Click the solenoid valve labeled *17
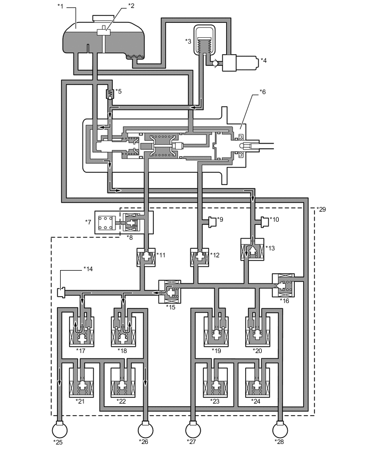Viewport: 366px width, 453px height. click(81, 330)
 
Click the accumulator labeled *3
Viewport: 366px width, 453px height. click(205, 40)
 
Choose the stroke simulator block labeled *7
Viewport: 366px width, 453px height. click(110, 222)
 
